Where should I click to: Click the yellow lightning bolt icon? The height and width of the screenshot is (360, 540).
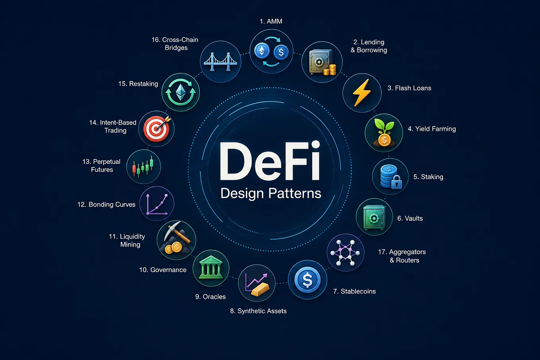click(x=362, y=93)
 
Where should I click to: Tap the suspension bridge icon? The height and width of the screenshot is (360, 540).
click(x=220, y=62)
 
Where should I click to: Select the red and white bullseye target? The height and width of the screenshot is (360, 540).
click(x=157, y=129)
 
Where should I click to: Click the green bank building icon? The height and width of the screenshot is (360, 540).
click(x=211, y=268)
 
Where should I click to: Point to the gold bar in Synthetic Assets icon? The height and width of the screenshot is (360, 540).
click(x=260, y=289)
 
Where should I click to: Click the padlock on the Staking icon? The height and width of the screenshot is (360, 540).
click(x=396, y=182)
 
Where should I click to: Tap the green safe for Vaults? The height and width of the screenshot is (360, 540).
click(x=374, y=217)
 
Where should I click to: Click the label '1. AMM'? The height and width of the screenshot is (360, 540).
click(x=271, y=21)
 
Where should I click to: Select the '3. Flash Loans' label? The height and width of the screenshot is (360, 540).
click(x=409, y=88)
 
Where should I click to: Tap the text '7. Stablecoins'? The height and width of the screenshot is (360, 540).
click(x=354, y=291)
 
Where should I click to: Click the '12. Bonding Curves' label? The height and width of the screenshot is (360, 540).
click(x=106, y=204)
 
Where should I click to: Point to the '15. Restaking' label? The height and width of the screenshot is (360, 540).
click(x=138, y=84)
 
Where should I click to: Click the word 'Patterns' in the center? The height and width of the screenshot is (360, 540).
click(x=295, y=193)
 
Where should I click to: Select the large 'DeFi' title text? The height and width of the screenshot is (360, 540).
click(x=270, y=161)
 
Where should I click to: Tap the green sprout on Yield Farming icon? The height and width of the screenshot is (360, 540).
click(x=384, y=126)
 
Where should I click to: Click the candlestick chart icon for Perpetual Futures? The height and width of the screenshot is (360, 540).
click(x=143, y=167)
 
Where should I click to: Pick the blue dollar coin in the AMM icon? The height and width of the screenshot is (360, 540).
click(x=281, y=52)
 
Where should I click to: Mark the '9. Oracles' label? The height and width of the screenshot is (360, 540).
click(x=210, y=297)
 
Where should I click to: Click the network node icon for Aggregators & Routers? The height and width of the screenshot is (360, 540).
click(x=345, y=253)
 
